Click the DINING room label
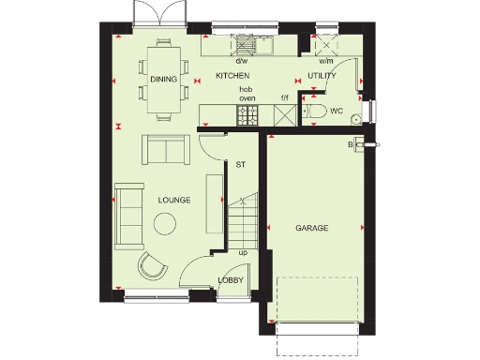pos(163,80)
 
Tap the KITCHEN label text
pos(232,75)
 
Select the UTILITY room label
pos(323,75)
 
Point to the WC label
pos(337,111)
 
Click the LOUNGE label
pos(174,200)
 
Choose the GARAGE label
pos(312,228)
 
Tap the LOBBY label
pos(231,280)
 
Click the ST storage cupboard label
pos(240,165)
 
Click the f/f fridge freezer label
pos(285,97)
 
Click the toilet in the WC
pos(316,112)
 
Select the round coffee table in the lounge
pos(166,222)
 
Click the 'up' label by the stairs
pos(243,252)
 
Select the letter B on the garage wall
pos(351,144)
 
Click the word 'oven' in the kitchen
pos(247,97)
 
